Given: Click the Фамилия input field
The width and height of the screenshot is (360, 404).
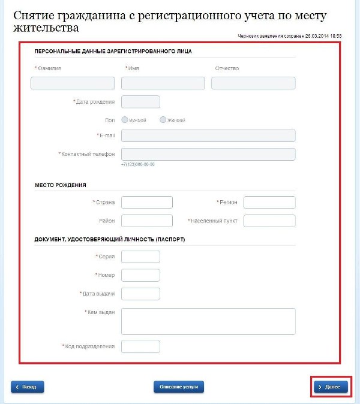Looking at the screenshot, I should point(72,83).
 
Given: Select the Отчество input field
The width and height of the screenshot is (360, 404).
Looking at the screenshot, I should point(253,83).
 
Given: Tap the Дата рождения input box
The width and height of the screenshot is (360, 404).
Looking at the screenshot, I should point(140,102).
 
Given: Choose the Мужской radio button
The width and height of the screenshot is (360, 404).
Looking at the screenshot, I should point(125,120).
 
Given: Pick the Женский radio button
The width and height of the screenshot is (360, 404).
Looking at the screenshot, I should point(163,120).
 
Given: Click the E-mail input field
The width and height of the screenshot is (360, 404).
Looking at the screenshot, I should point(208,135).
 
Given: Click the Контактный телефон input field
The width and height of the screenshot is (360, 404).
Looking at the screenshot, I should point(208,154).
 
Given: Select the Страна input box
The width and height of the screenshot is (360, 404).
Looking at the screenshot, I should point(146,203).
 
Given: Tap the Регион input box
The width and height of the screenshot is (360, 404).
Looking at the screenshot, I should point(269,203).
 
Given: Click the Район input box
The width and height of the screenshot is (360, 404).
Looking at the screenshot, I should point(146,221).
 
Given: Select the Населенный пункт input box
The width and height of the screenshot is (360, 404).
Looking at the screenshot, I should point(269,221).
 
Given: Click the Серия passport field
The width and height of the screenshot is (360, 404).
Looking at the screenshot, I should point(140,257).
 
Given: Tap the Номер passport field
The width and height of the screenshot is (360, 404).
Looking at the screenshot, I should point(140,275).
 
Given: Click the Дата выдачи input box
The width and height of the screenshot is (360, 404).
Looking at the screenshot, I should point(140,294).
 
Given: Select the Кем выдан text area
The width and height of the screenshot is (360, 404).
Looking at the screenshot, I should point(208,321).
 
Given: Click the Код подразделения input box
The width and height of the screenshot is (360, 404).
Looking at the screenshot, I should point(140,346).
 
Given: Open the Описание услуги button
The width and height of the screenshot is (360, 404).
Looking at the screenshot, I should point(179,387).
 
